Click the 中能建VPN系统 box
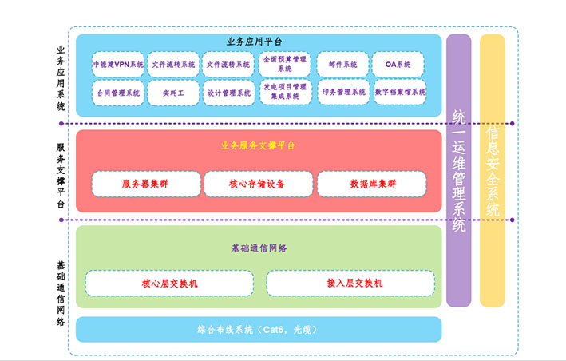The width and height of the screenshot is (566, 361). coord(118,65)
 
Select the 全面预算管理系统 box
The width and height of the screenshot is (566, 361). coord(284,65)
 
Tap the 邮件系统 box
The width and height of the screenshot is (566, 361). coord(342,65)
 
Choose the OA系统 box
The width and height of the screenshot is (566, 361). coord(398,65)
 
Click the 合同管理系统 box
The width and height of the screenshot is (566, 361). coord(118,93)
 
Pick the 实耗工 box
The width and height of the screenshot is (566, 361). coord(173,93)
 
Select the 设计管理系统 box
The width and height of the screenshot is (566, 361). coord(228,93)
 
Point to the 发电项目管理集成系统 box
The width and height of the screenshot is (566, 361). coord(284,93)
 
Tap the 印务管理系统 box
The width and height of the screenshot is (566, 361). coord(342,93)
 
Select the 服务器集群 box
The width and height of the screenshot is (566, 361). coord(145,184)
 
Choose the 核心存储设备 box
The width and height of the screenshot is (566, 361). coord(258,184)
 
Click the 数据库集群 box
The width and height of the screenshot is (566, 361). coord(372,184)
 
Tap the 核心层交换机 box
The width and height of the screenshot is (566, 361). coord(169,284)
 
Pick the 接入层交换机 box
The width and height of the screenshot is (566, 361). coord(350,284)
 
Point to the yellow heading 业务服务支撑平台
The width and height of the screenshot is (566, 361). coord(258,145)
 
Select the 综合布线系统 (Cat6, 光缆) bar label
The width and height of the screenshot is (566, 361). coord(258,329)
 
